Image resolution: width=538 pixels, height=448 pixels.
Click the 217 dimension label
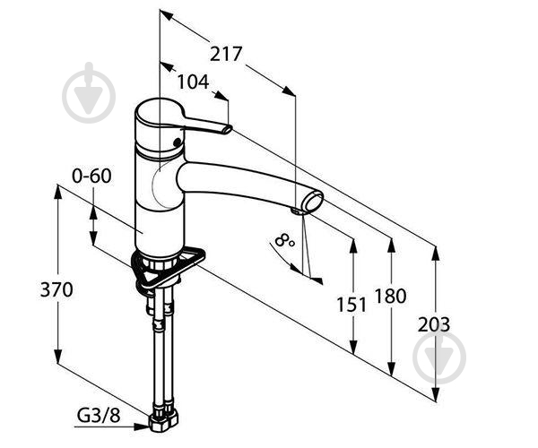pos(226,54)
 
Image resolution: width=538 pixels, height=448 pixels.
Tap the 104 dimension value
pos(193,82)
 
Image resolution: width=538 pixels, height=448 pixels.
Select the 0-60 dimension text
pos(91,176)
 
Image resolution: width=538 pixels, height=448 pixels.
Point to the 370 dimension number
pos(56,289)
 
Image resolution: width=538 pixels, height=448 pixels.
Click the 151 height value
pos(351,305)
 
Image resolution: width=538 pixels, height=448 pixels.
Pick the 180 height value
pos(390,296)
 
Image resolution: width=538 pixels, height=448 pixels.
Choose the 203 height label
pos(434,324)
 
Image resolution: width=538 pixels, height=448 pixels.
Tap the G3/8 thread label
pos(99,416)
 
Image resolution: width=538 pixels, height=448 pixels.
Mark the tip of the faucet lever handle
pos(228,130)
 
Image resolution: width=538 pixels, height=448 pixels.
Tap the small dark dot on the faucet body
pos(177,142)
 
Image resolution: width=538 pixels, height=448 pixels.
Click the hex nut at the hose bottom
pos(164,422)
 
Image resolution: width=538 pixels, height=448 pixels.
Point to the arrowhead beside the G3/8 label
pos(142,426)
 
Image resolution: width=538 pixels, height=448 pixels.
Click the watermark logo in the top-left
pos(89,93)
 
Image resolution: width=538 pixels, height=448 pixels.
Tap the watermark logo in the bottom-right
pos(439,357)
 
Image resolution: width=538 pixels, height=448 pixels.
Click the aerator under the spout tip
pos(298,211)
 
